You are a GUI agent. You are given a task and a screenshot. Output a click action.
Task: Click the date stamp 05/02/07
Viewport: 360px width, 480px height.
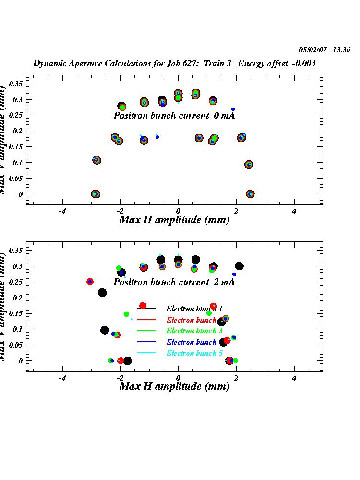[x=312, y=49]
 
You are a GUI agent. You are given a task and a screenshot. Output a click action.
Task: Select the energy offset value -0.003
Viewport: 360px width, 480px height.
[x=304, y=63]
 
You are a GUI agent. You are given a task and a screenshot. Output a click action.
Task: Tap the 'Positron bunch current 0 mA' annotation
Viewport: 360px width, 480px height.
[x=174, y=116]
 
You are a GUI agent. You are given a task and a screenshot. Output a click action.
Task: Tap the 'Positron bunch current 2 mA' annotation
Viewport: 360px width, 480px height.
[x=174, y=282]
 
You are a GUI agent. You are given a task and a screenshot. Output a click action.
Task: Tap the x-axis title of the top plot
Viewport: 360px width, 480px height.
[x=174, y=220]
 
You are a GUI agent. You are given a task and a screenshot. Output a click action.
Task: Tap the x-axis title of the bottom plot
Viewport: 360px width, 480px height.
[x=174, y=386]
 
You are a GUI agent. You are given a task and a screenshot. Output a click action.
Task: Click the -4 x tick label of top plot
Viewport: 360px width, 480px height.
[x=61, y=211]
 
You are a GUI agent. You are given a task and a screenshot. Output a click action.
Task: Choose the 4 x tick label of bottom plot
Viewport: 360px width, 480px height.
[x=294, y=378]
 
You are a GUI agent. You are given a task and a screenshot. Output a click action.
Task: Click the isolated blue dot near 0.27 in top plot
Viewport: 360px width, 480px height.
[x=233, y=109]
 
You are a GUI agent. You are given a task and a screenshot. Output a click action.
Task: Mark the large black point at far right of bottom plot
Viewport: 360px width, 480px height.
[x=239, y=266]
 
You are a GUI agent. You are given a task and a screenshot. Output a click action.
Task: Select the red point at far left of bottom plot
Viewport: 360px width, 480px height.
[x=90, y=282]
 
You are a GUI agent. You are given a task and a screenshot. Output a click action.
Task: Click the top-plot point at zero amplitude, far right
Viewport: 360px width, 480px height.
[x=250, y=194]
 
